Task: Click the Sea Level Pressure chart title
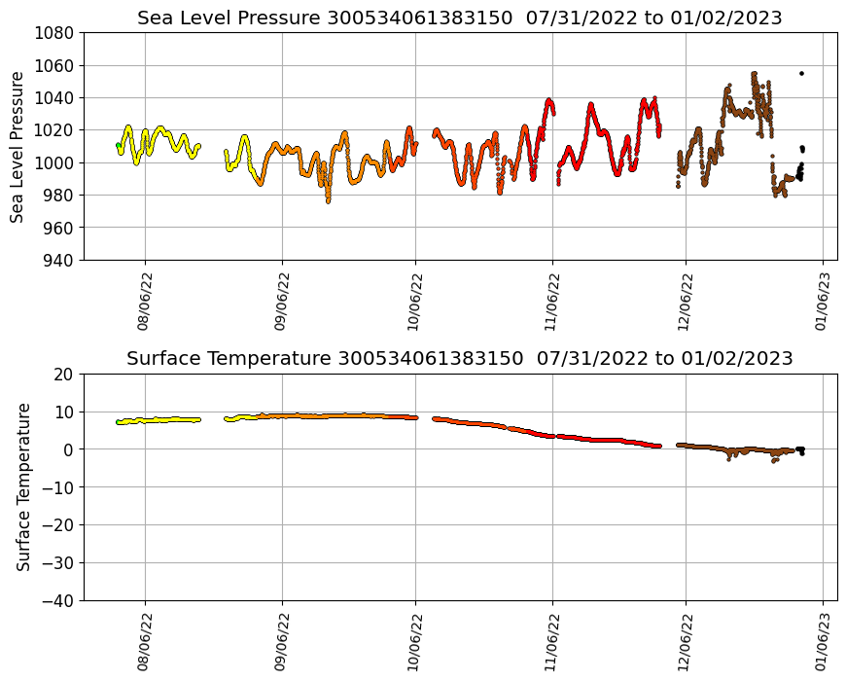tap(459, 18)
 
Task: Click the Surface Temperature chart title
tap(459, 358)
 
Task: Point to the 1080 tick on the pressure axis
tap(57, 32)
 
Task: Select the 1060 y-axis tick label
tap(57, 65)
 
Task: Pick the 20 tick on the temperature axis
tap(65, 374)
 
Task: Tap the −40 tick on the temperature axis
tap(58, 600)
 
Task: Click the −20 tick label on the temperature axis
tap(58, 525)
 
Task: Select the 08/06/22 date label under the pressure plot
tap(144, 303)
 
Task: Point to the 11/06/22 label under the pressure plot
tap(551, 303)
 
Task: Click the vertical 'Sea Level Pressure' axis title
tap(18, 146)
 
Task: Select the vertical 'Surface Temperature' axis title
tap(23, 486)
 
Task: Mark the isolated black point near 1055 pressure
tap(801, 73)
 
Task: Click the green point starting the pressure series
tap(118, 145)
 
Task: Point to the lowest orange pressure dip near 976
tap(328, 200)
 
